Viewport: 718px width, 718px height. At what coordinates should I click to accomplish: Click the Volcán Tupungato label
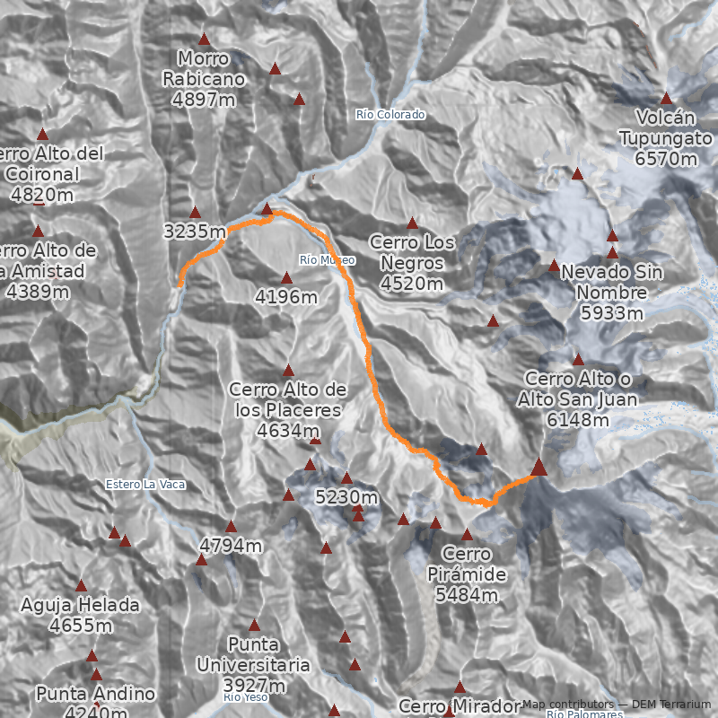[x=665, y=138]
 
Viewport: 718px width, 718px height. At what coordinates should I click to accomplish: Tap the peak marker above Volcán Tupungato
[x=666, y=99]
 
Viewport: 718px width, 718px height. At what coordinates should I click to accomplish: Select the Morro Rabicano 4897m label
[x=204, y=79]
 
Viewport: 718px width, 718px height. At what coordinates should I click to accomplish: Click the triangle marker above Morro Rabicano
[x=204, y=39]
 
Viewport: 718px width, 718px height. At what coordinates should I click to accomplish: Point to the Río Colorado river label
[x=390, y=115]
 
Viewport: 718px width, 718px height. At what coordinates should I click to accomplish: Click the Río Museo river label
[x=328, y=260]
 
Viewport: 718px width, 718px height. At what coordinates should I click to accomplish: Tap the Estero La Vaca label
[x=145, y=485]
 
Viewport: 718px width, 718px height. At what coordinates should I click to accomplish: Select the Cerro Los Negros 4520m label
[x=412, y=263]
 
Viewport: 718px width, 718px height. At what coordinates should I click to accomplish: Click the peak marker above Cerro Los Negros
[x=413, y=223]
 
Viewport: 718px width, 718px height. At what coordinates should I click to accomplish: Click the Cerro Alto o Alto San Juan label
[x=578, y=398]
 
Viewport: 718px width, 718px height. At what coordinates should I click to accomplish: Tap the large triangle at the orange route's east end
[x=538, y=467]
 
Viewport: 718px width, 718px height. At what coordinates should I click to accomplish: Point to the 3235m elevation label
[x=195, y=232]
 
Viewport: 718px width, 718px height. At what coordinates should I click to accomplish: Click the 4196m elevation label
[x=286, y=296]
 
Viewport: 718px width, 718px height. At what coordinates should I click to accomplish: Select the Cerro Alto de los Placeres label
[x=288, y=410]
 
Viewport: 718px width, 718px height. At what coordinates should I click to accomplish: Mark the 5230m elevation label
[x=346, y=496]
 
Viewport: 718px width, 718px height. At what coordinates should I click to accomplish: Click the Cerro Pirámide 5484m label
[x=467, y=574]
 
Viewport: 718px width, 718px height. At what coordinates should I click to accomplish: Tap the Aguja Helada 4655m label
[x=81, y=616]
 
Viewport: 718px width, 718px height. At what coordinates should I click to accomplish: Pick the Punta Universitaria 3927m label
[x=254, y=665]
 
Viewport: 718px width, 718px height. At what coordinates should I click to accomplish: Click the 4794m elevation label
[x=231, y=546]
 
